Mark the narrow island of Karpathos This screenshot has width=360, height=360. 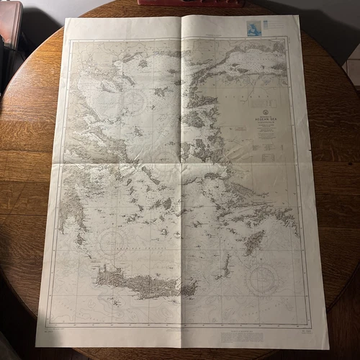[225, 266]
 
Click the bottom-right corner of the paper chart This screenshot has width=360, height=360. [328, 348]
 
